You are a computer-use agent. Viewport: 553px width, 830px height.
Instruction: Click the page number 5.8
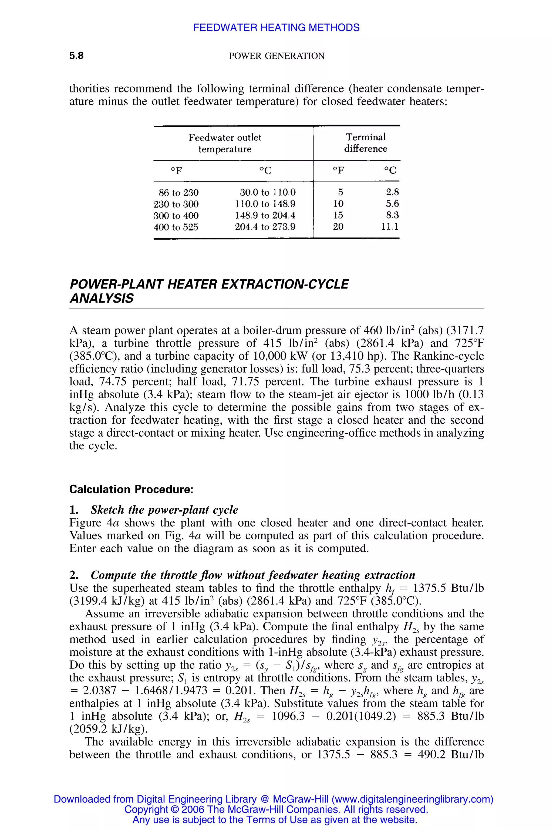pyautogui.click(x=76, y=56)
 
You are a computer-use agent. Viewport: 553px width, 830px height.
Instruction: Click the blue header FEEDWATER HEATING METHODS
pyautogui.click(x=276, y=28)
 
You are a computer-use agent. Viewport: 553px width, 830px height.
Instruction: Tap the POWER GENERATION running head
pyautogui.click(x=276, y=56)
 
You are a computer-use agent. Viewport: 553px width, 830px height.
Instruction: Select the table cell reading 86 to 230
pyautogui.click(x=178, y=193)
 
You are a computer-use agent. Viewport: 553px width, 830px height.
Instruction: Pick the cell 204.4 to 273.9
pyautogui.click(x=265, y=227)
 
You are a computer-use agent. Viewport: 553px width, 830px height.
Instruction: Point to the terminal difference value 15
pyautogui.click(x=338, y=215)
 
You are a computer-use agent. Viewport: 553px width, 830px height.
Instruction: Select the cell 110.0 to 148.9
pyautogui.click(x=265, y=204)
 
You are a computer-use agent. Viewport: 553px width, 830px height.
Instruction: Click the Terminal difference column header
pyautogui.click(x=365, y=143)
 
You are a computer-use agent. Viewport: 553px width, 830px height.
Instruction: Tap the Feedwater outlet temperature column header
pyautogui.click(x=225, y=143)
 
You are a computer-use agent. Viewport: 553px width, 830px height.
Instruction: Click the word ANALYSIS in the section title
pyautogui.click(x=102, y=299)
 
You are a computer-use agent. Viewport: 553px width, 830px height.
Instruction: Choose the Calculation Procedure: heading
pyautogui.click(x=131, y=489)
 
